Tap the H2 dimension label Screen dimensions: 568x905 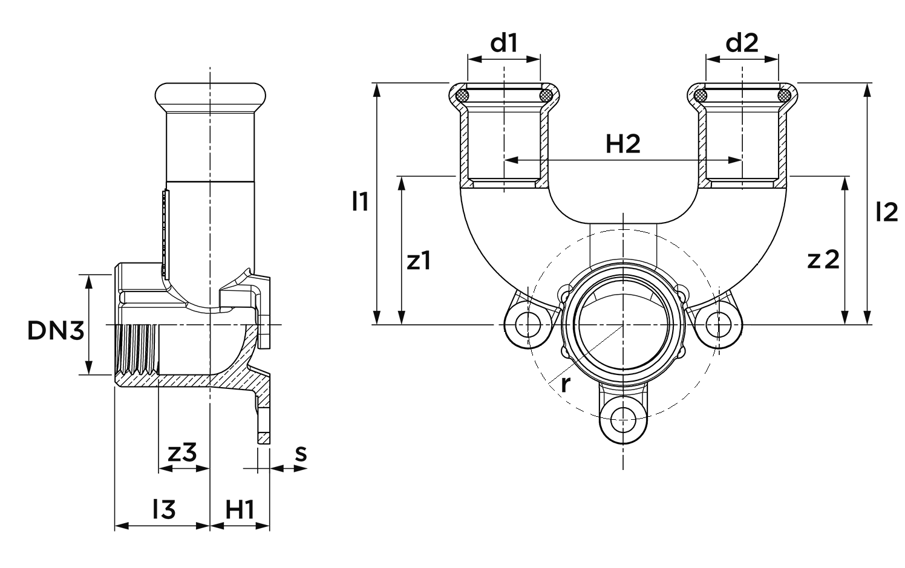click(x=622, y=145)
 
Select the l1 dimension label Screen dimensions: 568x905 click(x=360, y=201)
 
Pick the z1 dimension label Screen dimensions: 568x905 click(x=419, y=261)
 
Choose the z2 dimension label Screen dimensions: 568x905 click(x=823, y=260)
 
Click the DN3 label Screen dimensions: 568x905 click(x=55, y=330)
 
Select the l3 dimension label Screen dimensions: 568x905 click(x=163, y=510)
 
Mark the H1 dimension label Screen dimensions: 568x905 click(x=240, y=510)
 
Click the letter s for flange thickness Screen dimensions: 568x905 click(x=301, y=452)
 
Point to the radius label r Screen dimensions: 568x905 click(x=564, y=383)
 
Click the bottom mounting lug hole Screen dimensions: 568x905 click(x=622, y=417)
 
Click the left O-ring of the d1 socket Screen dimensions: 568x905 click(x=463, y=96)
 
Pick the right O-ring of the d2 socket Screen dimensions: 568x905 click(x=784, y=96)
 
